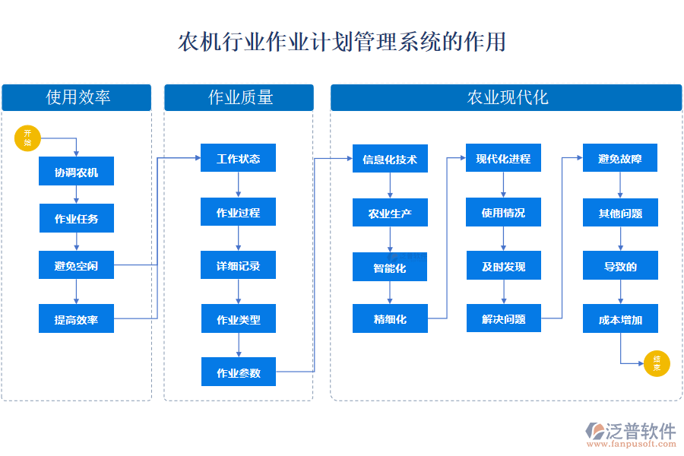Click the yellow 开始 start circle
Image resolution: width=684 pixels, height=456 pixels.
27,138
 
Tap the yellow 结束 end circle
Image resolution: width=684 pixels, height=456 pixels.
657,364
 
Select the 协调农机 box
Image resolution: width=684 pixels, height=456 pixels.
76,172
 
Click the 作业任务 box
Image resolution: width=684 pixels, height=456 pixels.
76,219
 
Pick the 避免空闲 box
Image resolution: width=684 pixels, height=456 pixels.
76,265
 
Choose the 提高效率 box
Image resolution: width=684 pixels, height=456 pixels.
76,319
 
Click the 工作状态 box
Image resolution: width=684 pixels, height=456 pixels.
238,158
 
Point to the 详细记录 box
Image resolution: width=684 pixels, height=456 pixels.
238,265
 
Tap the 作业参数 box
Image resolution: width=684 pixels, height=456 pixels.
238,372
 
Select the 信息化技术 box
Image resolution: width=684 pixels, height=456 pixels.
390,159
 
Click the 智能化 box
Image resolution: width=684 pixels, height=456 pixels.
390,268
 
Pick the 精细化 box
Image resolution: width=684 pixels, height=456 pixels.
390,318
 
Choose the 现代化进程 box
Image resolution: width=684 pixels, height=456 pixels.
503,158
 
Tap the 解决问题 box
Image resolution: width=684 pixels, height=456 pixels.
503,318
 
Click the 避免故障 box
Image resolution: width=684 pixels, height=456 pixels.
620,158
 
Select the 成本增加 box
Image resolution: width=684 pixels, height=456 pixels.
620,319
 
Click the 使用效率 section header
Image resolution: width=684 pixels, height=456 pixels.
78,97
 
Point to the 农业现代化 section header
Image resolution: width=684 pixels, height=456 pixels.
506,97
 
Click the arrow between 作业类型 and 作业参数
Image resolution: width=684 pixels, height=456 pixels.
239,345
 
